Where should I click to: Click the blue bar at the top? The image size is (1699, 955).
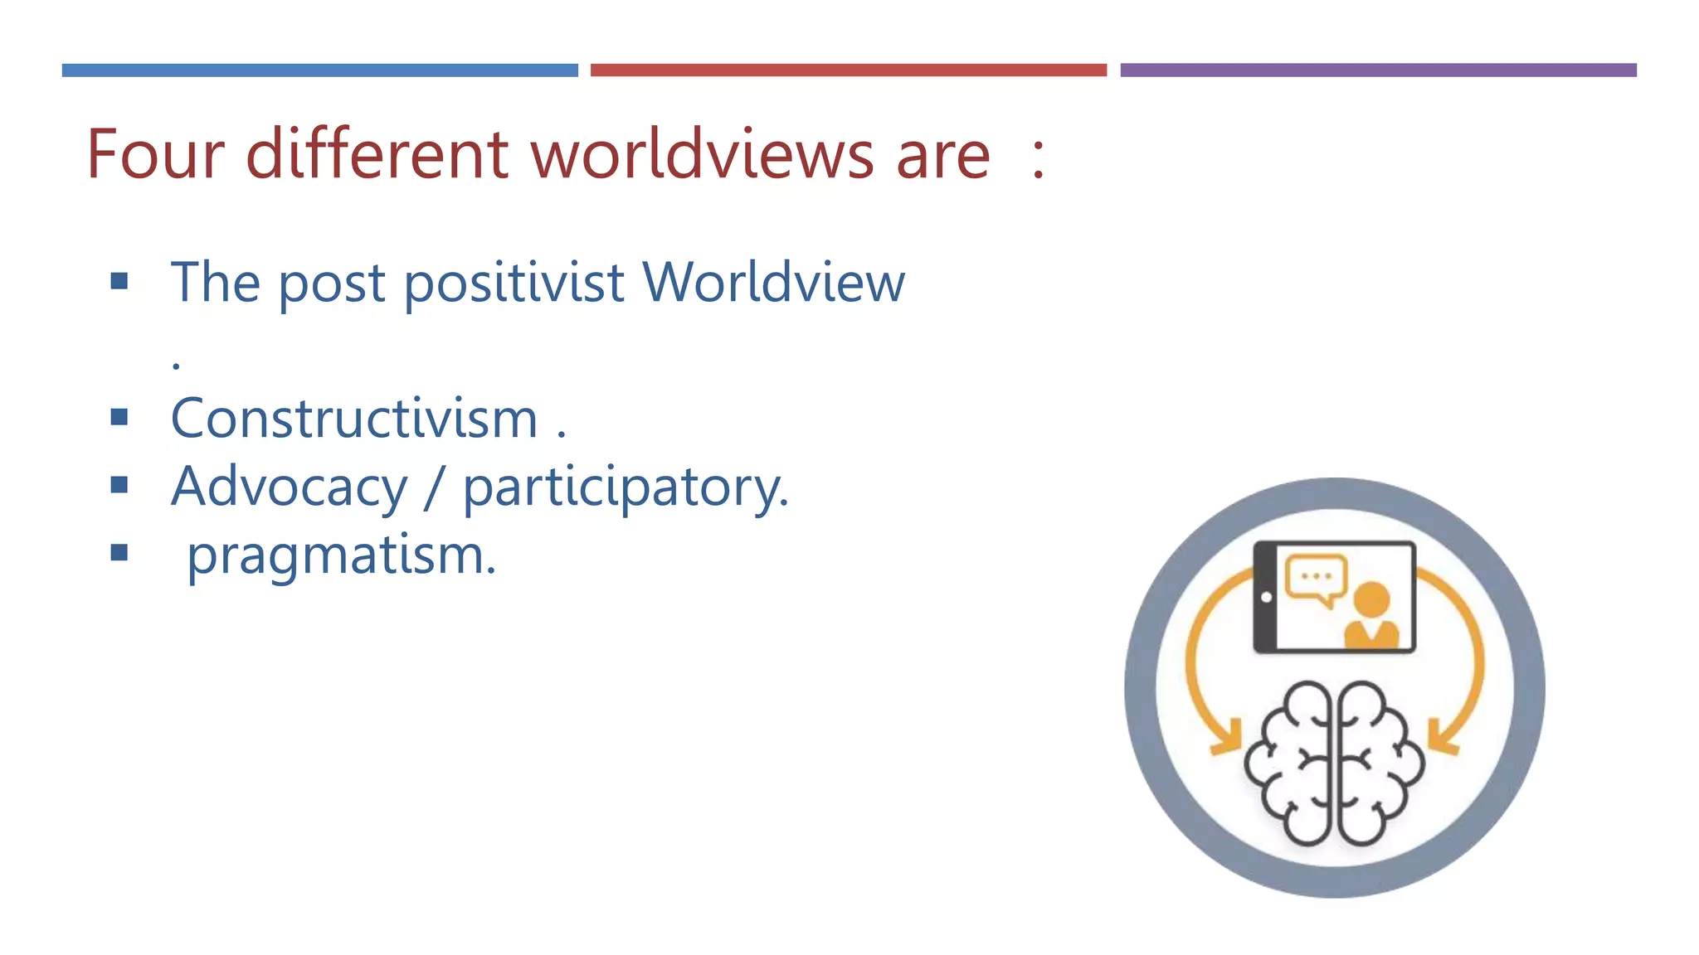319,70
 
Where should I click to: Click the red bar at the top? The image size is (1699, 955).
848,70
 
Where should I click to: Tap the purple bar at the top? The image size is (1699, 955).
1378,70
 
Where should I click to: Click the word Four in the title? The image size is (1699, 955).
155,155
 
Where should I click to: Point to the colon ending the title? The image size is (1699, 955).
1038,158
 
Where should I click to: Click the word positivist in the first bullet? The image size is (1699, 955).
514,284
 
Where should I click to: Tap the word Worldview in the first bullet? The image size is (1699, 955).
773,283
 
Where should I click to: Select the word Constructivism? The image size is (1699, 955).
354,419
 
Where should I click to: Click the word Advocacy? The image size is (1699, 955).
289,487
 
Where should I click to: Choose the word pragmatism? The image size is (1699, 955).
340,555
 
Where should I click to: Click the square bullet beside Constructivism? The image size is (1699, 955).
119,417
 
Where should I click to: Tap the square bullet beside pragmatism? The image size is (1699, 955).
119,553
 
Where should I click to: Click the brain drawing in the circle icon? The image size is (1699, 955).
1333,763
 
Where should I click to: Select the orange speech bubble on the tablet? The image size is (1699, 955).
1315,579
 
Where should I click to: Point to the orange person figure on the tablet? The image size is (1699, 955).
1370,618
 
